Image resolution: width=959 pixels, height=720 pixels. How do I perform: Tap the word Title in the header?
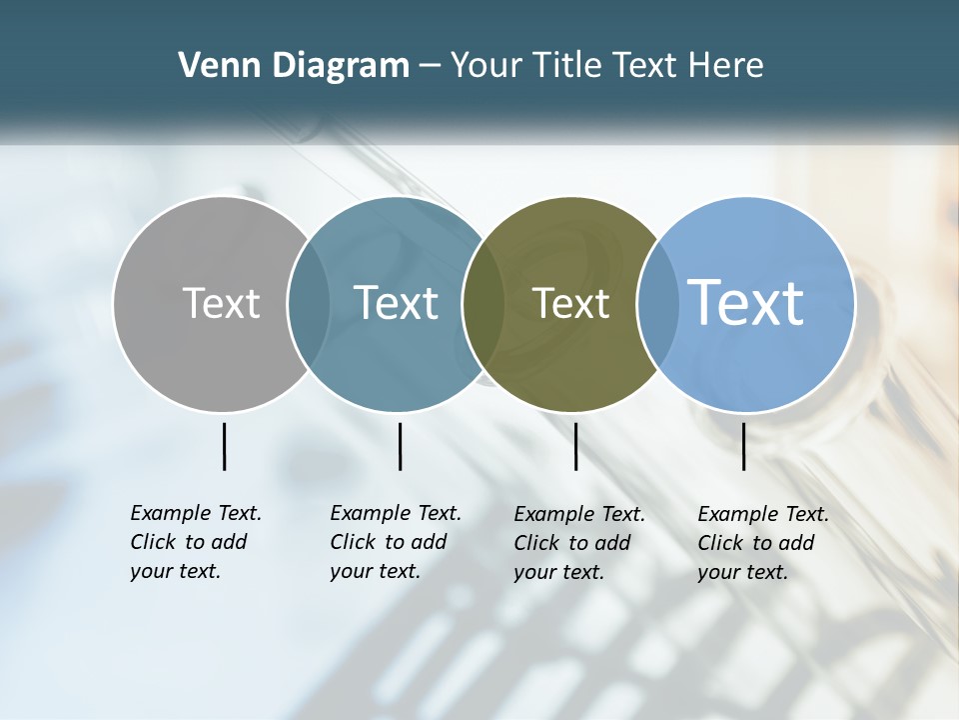click(x=566, y=66)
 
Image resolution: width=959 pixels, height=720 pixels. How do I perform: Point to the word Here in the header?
click(x=725, y=66)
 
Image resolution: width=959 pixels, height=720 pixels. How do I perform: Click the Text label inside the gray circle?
click(x=221, y=303)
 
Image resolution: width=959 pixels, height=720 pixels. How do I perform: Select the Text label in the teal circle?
click(x=396, y=303)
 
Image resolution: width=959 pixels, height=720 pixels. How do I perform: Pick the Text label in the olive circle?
click(x=570, y=303)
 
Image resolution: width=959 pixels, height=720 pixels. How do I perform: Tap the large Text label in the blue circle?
click(x=746, y=302)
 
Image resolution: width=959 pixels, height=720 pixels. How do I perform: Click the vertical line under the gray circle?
click(x=224, y=446)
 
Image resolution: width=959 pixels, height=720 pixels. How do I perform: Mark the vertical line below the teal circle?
click(x=400, y=446)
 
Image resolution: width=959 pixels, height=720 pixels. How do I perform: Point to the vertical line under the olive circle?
click(x=575, y=446)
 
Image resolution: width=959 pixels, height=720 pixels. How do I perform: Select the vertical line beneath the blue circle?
click(x=744, y=446)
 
